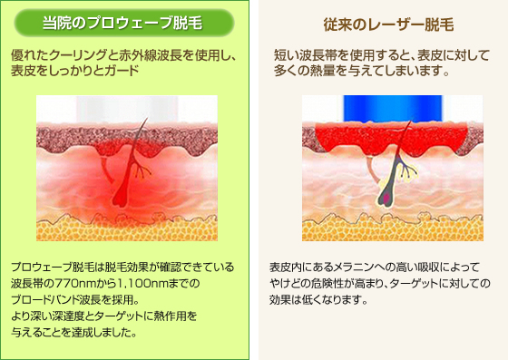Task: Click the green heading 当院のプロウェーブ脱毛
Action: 122,23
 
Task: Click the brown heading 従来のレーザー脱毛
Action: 388,24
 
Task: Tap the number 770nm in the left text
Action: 75,284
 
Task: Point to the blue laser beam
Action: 393,108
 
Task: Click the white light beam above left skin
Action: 127,109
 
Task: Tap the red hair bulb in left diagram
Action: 119,198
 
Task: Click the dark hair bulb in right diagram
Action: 386,197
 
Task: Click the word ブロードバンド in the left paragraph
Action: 44,299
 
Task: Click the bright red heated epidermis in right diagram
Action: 391,138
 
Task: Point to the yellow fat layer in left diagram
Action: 127,229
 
